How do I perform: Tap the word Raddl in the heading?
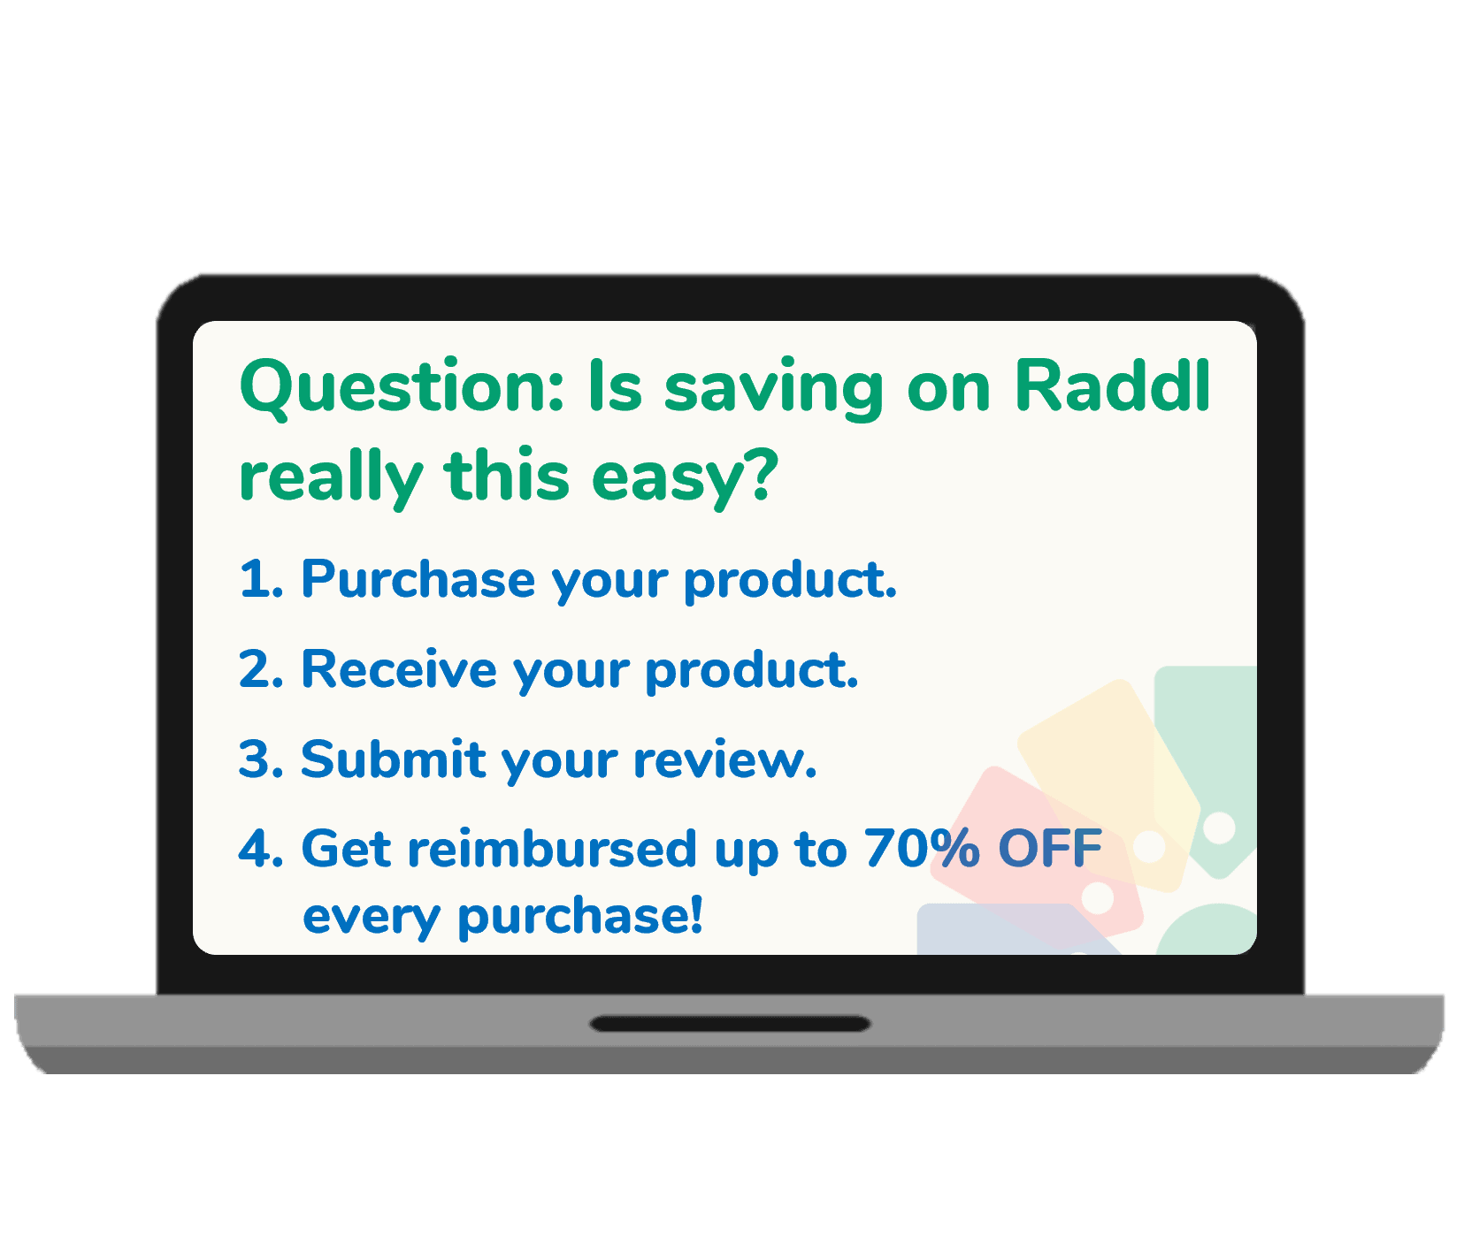click(1112, 386)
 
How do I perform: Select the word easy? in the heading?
click(685, 477)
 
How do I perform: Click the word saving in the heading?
click(773, 388)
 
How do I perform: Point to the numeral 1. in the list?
click(260, 579)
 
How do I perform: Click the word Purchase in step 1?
click(418, 580)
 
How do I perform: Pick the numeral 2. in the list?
click(261, 669)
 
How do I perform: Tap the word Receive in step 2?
click(398, 669)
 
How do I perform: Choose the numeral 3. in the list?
click(261, 759)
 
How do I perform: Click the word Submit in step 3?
click(393, 759)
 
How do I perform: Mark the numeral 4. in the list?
click(261, 850)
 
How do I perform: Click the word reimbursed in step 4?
click(552, 850)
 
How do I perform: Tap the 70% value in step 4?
click(921, 850)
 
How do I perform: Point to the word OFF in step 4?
click(1049, 849)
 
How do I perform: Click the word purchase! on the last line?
click(580, 916)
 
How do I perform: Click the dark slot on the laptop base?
click(731, 1024)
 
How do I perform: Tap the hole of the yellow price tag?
click(1149, 846)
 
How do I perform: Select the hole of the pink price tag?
click(1098, 897)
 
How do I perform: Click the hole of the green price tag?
click(1220, 828)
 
